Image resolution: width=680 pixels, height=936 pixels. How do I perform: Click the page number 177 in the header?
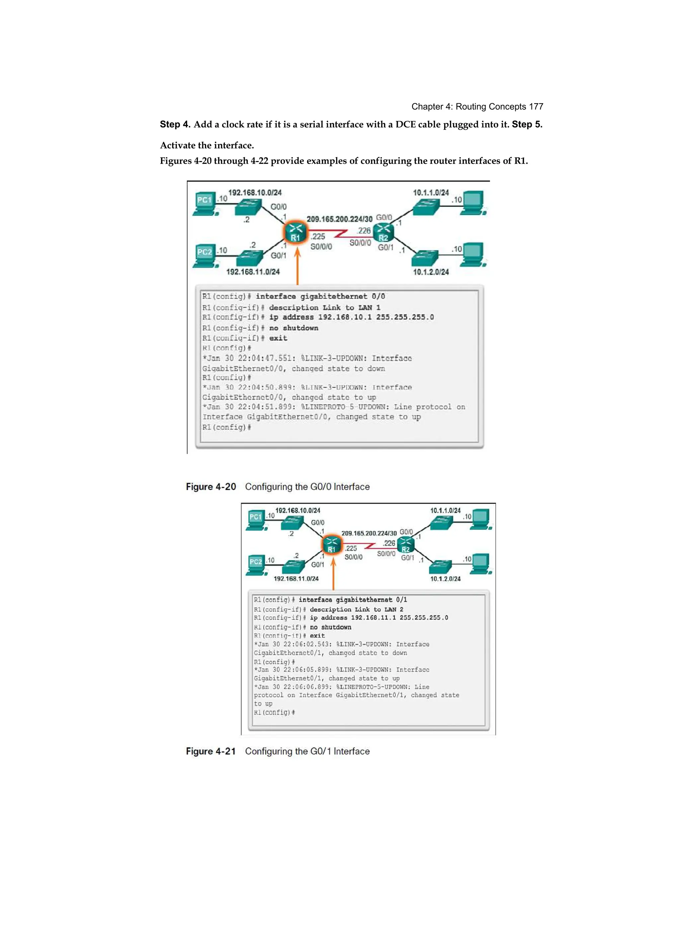tap(536, 107)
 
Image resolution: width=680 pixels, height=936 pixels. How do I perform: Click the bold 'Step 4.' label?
tap(175, 124)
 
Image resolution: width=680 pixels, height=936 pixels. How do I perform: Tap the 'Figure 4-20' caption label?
tap(211, 487)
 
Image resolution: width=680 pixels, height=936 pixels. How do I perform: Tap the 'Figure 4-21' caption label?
tap(211, 751)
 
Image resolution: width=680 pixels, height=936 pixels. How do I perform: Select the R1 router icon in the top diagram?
tap(296, 233)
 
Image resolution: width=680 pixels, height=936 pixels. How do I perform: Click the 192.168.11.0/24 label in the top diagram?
tap(253, 272)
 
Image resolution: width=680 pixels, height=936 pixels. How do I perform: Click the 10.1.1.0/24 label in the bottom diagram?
tap(445, 511)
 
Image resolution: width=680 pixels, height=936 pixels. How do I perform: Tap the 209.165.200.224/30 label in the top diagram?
tap(339, 219)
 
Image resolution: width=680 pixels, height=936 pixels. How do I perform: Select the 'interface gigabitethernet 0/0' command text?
tap(320, 296)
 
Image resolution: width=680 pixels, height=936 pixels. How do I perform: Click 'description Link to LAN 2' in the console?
tap(357, 609)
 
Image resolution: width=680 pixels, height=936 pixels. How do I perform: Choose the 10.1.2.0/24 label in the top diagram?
tap(431, 272)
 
